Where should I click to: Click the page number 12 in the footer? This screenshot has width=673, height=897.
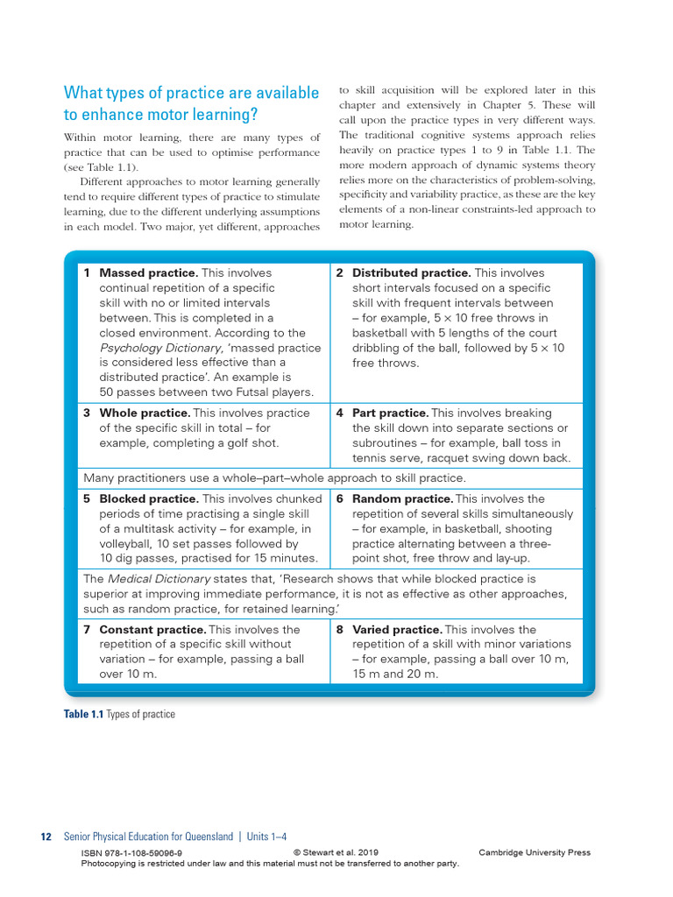[46, 837]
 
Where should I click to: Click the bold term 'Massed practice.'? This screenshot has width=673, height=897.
[148, 273]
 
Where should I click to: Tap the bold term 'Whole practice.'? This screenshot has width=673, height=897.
[145, 413]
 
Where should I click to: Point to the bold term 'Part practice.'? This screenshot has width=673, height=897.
[390, 413]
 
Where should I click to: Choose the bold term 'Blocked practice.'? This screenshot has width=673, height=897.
[149, 499]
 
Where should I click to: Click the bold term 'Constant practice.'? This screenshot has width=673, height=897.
[152, 630]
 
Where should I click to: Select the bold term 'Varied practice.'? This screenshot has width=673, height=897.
[397, 630]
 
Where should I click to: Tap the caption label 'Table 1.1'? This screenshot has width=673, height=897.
[83, 715]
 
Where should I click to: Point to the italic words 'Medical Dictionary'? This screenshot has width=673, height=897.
[159, 579]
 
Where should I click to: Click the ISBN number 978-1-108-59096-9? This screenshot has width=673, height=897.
[131, 853]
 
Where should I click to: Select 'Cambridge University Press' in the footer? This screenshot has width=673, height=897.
[535, 853]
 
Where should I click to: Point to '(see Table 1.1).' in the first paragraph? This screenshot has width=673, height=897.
[101, 167]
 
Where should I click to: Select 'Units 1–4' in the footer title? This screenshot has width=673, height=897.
[266, 837]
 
